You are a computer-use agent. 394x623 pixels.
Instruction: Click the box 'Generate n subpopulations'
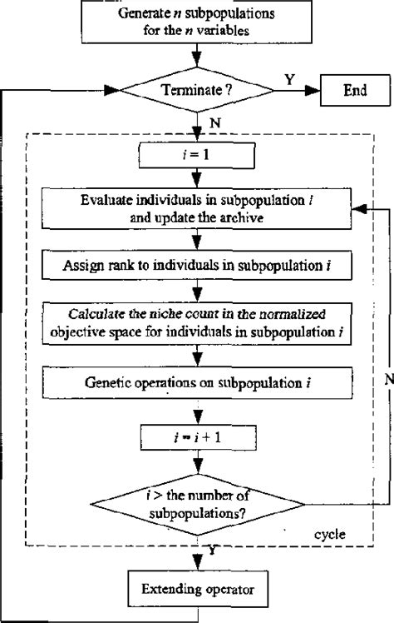point(196,22)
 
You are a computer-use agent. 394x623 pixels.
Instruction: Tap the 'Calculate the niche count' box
point(197,322)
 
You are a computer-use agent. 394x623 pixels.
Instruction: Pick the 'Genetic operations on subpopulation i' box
point(197,385)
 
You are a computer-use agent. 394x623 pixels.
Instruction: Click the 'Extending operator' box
point(197,593)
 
